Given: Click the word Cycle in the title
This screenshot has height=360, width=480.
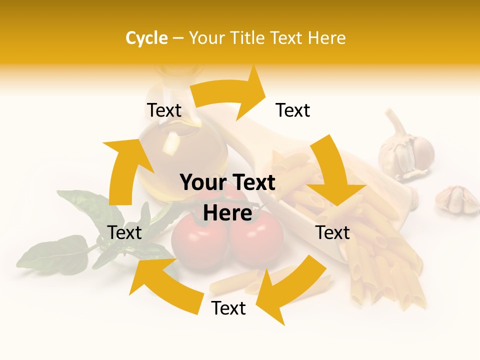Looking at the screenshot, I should (146, 38).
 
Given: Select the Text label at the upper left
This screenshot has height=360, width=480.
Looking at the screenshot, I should (164, 110).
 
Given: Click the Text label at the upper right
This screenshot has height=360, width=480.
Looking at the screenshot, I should (293, 110).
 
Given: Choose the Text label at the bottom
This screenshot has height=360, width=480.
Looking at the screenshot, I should (228, 308).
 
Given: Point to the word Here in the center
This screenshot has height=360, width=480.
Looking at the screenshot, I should (227, 213).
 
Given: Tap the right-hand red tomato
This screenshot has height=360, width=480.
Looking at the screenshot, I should (256, 240).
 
